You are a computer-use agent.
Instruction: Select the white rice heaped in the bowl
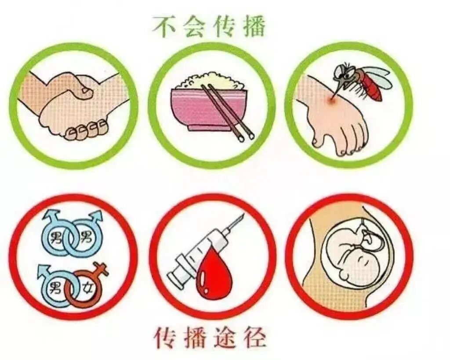(x=207, y=83)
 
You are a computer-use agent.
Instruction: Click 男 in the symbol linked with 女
(x=56, y=288)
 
